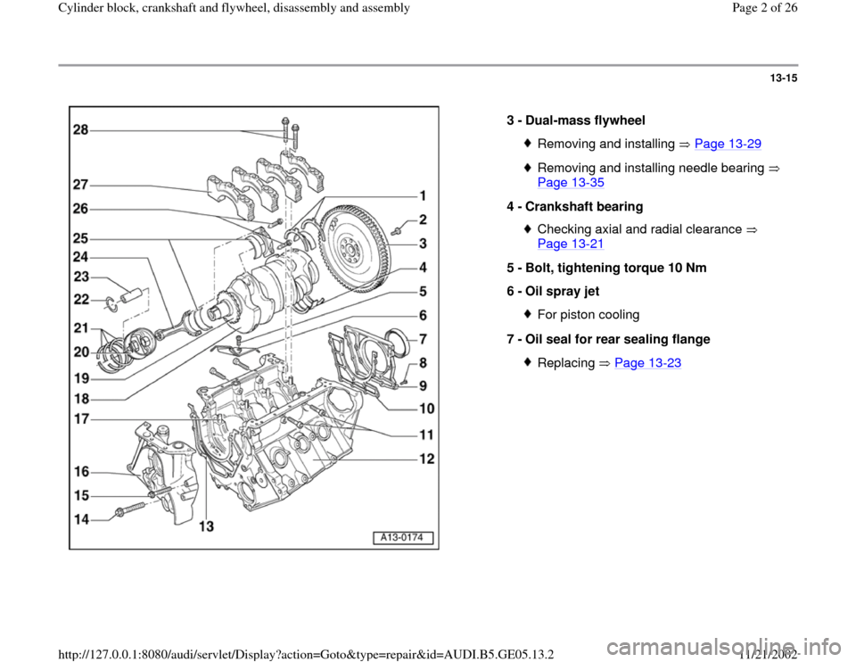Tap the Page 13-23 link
click(x=643, y=364)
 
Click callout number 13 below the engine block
click(x=207, y=527)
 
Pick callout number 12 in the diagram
click(x=427, y=459)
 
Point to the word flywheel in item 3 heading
click(x=621, y=120)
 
